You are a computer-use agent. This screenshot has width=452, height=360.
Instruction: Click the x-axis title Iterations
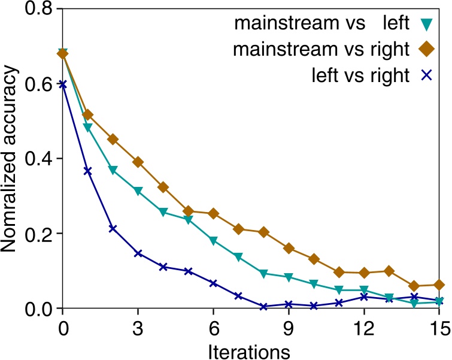pyautogui.click(x=251, y=349)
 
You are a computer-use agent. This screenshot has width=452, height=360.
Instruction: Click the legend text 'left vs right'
pyautogui.click(x=360, y=76)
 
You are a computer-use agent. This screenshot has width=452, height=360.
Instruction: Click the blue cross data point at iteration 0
pyautogui.click(x=62, y=84)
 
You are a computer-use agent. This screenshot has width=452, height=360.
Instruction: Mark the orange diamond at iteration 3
pyautogui.click(x=138, y=162)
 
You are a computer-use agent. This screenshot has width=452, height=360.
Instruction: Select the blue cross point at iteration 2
pyautogui.click(x=113, y=229)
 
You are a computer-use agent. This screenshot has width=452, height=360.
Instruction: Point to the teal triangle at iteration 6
pyautogui.click(x=213, y=241)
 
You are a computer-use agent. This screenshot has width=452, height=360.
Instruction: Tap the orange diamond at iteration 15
pyautogui.click(x=439, y=285)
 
